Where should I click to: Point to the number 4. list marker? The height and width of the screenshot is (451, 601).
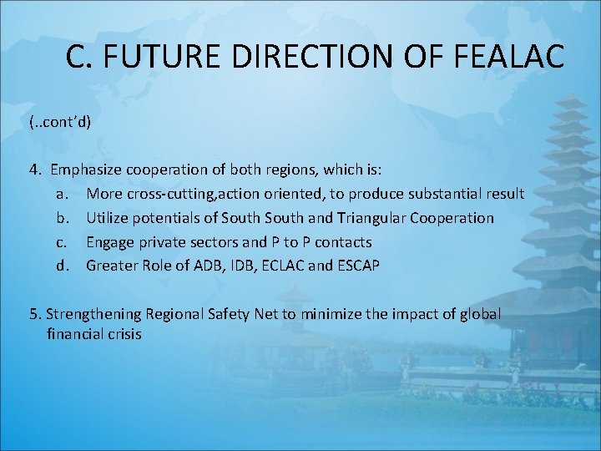[x=35, y=170]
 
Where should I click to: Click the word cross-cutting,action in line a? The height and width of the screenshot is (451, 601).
[x=189, y=194]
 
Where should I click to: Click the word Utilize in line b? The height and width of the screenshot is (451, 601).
[x=106, y=218]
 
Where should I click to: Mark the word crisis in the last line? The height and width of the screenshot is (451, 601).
[x=122, y=334]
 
